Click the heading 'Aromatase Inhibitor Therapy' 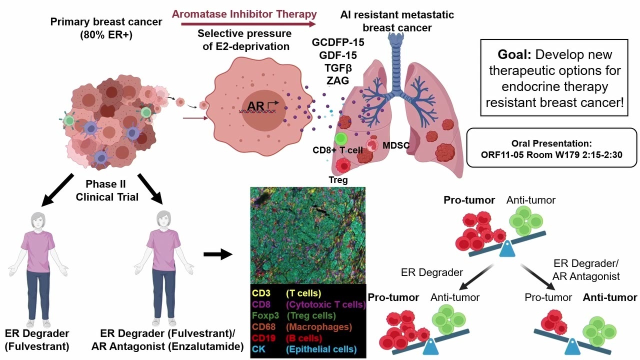(x=244, y=14)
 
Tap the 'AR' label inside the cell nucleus (x=255, y=106)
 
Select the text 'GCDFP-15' (x=338, y=42)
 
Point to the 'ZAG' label (x=337, y=80)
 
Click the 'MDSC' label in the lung (x=396, y=145)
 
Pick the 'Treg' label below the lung (x=338, y=179)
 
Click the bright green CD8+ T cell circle (x=341, y=139)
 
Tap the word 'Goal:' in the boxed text (x=514, y=54)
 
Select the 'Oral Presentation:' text (x=551, y=143)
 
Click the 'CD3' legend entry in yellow (x=261, y=293)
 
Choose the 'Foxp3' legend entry (x=265, y=315)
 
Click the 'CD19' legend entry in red (x=263, y=338)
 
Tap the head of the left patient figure (x=38, y=220)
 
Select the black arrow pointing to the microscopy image (x=218, y=254)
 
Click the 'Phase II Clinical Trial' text (x=106, y=190)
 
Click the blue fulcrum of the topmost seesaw (x=507, y=248)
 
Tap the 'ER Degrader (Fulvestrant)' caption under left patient (x=37, y=339)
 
